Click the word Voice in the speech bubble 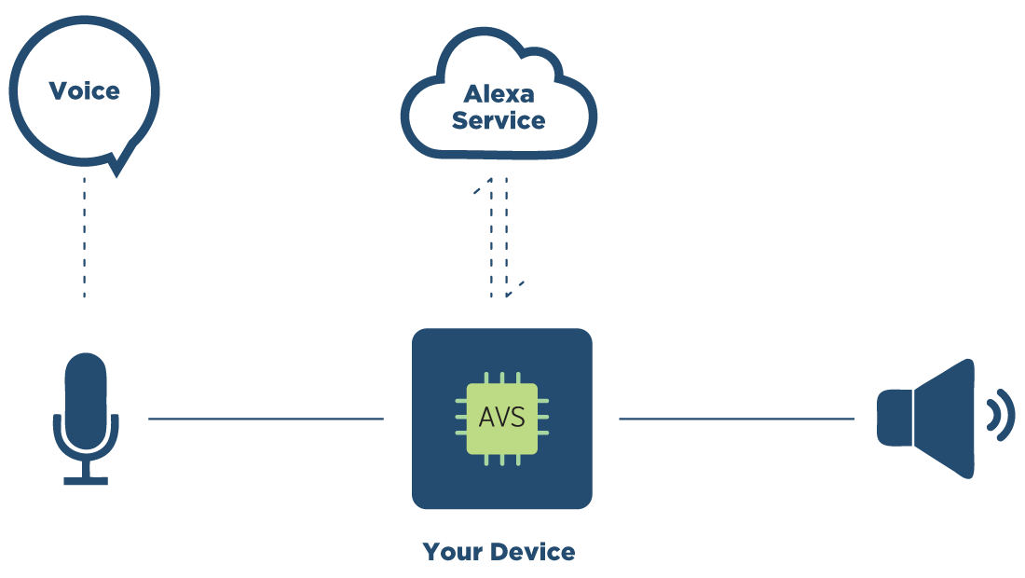point(84,91)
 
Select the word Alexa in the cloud point(499,94)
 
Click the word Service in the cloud point(499,120)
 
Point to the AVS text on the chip point(501,418)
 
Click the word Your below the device point(453,552)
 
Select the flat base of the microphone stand point(86,481)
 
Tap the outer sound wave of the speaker point(1007,416)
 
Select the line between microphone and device point(266,420)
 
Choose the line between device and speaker point(736,420)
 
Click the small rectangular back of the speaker point(892,418)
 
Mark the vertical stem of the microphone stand point(86,466)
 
